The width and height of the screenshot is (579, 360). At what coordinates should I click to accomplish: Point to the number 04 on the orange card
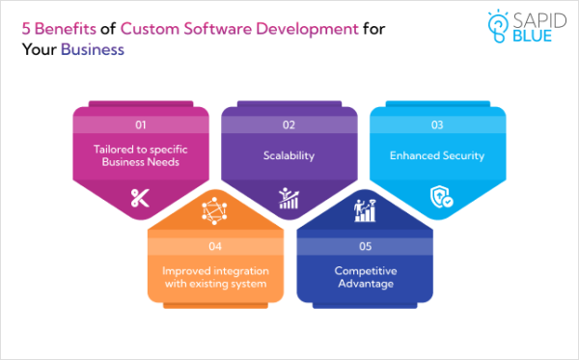point(215,246)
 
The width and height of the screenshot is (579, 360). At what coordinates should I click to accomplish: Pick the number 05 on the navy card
point(364,246)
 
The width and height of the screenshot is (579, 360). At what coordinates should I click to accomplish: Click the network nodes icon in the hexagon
point(214,208)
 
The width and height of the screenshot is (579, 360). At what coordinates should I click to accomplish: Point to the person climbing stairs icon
point(364,208)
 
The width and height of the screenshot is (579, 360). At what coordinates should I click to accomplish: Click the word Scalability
point(289,154)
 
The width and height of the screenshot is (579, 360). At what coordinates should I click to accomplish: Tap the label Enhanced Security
point(437,154)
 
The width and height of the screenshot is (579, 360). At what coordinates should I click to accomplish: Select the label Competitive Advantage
point(364,277)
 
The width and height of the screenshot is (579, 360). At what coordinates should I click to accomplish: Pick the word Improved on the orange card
point(180,270)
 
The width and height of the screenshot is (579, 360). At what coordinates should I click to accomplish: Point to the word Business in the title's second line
point(93,48)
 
